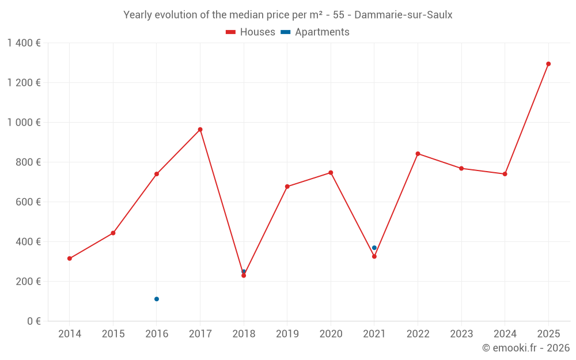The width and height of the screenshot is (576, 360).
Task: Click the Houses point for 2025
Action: point(548,64)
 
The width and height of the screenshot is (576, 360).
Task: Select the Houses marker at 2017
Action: point(200,130)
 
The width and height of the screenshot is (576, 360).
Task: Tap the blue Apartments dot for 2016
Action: point(157,299)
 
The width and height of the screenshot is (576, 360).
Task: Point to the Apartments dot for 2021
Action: point(374,248)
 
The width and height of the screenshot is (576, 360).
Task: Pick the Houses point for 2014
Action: point(70,259)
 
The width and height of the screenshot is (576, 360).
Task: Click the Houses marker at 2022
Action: point(418,154)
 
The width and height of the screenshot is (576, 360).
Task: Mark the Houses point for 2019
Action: point(287,187)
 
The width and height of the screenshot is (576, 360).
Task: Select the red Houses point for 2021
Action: point(374,256)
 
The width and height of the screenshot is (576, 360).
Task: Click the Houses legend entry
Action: point(251,32)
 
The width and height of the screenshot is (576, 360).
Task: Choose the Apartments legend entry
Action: point(315,32)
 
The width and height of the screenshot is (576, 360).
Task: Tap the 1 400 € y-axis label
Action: point(24,43)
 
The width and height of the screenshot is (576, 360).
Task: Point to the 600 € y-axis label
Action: point(28,202)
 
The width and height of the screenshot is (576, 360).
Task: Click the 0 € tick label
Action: point(34,321)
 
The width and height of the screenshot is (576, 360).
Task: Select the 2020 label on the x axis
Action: point(331,334)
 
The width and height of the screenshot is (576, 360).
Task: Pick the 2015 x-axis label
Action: point(113,334)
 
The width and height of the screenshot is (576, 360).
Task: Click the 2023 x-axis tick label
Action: point(461,334)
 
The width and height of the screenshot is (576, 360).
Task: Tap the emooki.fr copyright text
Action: point(525,348)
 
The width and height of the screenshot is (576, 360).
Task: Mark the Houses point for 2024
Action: point(505,174)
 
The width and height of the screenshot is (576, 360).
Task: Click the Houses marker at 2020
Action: point(331,173)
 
